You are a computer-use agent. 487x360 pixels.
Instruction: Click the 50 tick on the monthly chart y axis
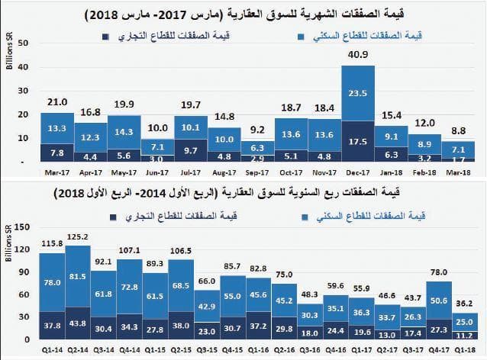coord(23,43)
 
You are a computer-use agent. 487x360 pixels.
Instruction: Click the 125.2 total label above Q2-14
coord(77,237)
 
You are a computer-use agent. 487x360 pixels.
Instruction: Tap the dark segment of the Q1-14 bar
coord(51,324)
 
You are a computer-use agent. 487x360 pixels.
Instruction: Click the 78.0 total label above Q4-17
coord(439,272)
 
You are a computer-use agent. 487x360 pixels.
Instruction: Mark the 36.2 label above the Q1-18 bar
coord(464,303)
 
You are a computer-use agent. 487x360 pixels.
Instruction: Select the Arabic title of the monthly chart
coord(243,13)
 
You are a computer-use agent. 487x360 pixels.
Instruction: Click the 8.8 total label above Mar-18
coord(460,130)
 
